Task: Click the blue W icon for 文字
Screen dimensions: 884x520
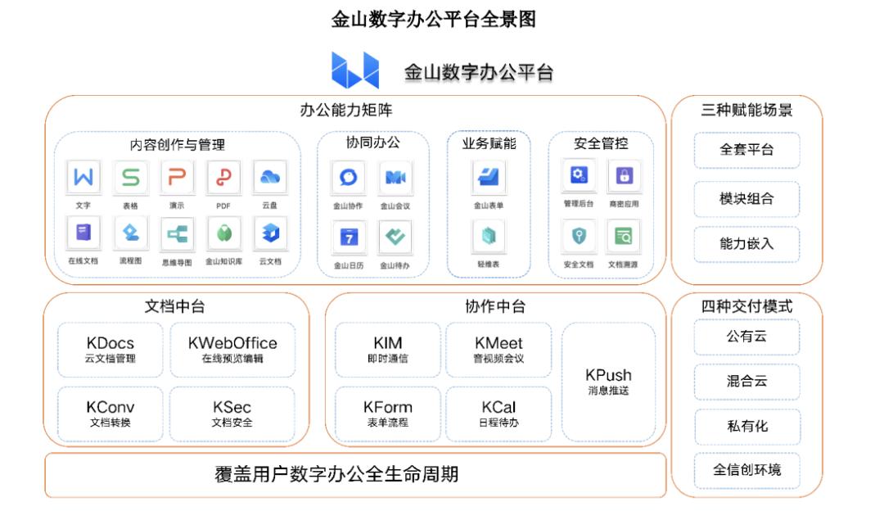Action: tap(83, 177)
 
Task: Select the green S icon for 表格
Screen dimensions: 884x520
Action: tap(130, 177)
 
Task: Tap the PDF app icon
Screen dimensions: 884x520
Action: tap(223, 177)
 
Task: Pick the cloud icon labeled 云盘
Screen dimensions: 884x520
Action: tap(270, 177)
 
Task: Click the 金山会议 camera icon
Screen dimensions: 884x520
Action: tap(395, 178)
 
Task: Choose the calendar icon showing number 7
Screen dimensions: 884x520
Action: tap(349, 237)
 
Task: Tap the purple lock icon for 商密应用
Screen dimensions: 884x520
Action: tap(624, 175)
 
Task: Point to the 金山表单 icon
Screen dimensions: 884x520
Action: tap(488, 177)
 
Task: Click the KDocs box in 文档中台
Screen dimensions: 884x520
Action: tap(110, 350)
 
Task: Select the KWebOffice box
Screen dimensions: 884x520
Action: tap(232, 350)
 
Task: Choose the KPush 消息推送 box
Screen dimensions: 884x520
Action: tap(608, 382)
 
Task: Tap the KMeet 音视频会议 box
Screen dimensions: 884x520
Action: tap(498, 350)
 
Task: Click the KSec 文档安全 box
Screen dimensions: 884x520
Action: tap(232, 414)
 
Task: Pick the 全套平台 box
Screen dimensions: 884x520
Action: tap(746, 150)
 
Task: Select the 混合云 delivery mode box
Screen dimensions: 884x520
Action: tap(746, 382)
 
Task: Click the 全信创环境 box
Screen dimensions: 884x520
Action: tap(747, 470)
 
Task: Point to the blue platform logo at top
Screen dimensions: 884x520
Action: tap(355, 70)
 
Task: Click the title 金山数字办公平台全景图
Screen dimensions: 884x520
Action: tap(433, 19)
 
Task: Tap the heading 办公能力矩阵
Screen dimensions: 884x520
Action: tap(345, 110)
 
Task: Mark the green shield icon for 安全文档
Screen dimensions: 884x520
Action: tap(579, 236)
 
